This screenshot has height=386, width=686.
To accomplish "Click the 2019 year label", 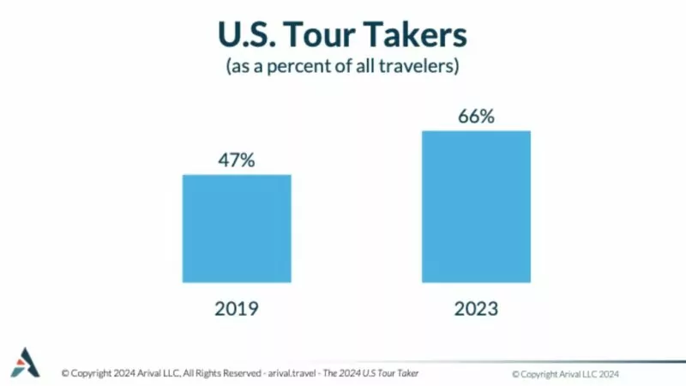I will pos(237,310).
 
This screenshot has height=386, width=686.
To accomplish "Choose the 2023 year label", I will pos(476,310).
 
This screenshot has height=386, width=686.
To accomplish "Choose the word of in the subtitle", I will pos(350,67).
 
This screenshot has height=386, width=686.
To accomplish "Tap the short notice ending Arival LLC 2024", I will pos(566,374).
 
